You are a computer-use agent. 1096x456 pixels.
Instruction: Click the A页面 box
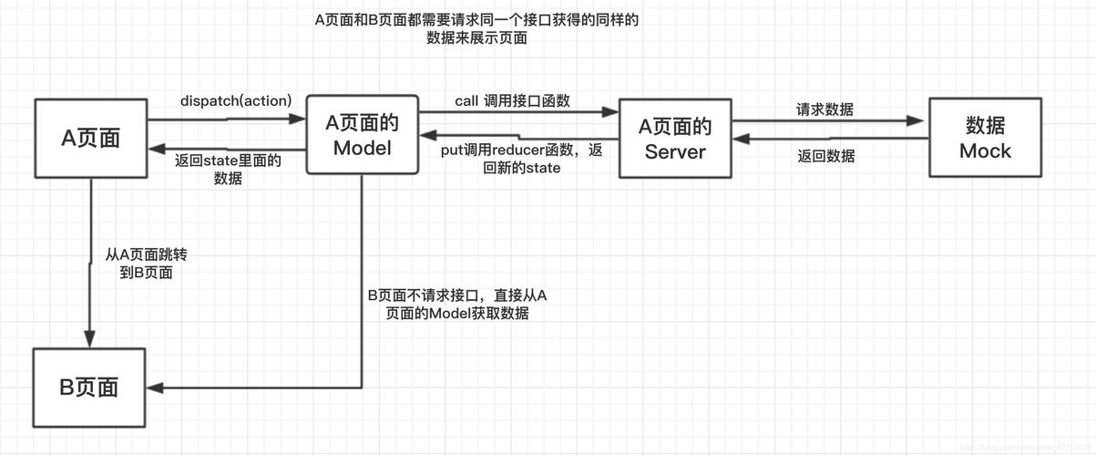[x=90, y=137]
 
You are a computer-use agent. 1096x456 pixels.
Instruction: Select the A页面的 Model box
[x=362, y=134]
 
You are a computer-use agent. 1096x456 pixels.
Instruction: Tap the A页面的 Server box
[x=675, y=138]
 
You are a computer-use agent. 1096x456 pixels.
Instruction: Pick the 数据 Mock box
[x=984, y=137]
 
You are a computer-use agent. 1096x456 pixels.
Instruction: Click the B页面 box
[x=89, y=387]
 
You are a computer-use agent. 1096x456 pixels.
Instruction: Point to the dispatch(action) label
[x=235, y=100]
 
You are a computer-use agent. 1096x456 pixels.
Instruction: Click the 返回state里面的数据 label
[x=228, y=170]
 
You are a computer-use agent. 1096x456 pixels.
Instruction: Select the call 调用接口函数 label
[x=512, y=100]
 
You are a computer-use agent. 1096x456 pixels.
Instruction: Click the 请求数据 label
[x=825, y=109]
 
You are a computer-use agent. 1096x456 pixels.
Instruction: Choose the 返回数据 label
[x=825, y=156]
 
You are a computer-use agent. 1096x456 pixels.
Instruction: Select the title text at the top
[x=476, y=29]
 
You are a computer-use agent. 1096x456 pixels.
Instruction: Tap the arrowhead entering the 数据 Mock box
[x=920, y=120]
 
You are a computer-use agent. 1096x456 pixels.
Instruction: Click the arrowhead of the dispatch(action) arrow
[x=298, y=119]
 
